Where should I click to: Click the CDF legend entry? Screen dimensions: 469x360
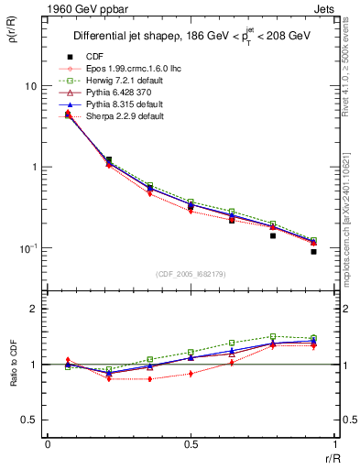tap(93, 57)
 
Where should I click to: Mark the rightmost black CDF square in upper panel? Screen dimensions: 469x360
tap(313, 251)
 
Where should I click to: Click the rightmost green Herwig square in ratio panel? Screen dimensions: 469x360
tap(313, 338)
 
